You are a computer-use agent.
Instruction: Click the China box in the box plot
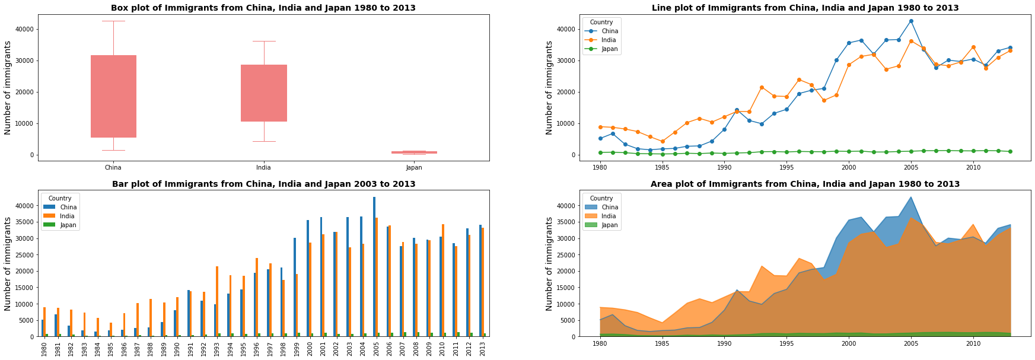point(113,96)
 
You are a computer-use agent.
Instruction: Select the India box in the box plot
point(264,93)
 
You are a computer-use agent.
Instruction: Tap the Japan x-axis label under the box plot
point(414,167)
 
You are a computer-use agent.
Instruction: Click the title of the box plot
point(263,8)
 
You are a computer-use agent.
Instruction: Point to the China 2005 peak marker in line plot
point(911,21)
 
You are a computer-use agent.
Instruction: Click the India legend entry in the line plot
point(609,40)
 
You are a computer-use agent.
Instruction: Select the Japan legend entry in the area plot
point(609,225)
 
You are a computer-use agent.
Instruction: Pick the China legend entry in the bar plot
point(68,207)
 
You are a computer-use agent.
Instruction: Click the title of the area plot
point(805,184)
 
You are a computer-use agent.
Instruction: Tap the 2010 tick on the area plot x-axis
point(973,343)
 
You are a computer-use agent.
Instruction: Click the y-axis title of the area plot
point(549,263)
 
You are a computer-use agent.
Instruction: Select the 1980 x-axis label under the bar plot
point(44,349)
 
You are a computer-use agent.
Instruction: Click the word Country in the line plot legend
point(601,22)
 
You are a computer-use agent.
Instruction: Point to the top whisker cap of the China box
point(113,21)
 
